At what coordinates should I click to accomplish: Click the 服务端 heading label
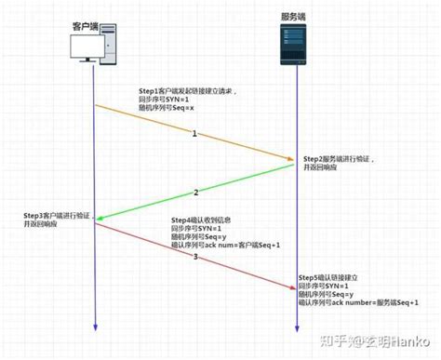click(295, 16)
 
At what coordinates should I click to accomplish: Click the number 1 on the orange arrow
click(194, 135)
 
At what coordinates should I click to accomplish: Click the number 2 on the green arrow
click(196, 193)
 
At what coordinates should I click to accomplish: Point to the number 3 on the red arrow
click(194, 257)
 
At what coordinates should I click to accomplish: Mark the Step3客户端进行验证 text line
click(58, 216)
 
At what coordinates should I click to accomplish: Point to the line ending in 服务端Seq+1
click(358, 301)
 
